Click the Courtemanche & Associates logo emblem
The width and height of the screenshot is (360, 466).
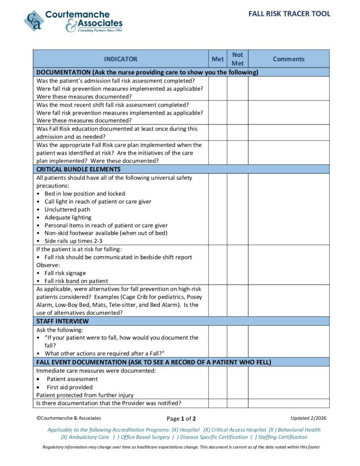tap(34, 21)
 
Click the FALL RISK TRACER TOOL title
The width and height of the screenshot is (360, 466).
tap(289, 14)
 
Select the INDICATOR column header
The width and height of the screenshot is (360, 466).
tap(120, 59)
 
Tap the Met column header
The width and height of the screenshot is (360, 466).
tap(218, 59)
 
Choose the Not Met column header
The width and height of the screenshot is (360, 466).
tap(238, 59)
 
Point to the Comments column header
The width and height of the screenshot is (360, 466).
tap(289, 59)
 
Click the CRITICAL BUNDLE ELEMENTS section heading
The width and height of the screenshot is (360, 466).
tap(78, 169)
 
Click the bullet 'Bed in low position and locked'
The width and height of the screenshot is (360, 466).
tap(85, 193)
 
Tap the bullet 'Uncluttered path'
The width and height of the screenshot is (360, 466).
tap(67, 209)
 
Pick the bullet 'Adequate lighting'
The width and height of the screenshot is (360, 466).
tap(68, 218)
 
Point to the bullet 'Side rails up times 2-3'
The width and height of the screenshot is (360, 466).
tap(73, 241)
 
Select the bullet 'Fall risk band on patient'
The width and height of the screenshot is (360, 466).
tap(76, 281)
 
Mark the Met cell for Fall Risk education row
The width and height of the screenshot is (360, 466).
tap(218, 132)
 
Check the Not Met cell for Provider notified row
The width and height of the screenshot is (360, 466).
tap(238, 403)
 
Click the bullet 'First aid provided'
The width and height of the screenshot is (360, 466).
tap(70, 387)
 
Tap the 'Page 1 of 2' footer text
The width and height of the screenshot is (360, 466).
tap(181, 419)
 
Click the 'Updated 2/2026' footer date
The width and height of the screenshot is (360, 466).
tap(308, 418)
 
